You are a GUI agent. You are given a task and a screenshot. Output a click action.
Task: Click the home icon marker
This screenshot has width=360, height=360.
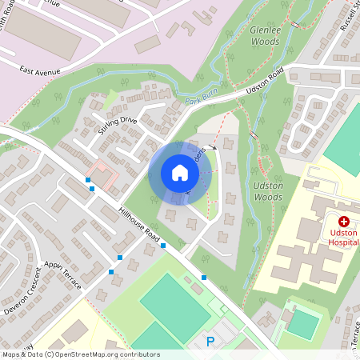179,173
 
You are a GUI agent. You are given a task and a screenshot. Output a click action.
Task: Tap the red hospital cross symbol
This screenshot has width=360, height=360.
344,220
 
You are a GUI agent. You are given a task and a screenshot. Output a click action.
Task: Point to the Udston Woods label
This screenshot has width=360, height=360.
268,190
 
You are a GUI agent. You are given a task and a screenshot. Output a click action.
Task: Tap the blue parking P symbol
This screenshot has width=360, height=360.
210,342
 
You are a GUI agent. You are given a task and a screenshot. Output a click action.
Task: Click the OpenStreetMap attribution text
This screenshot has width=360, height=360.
80,354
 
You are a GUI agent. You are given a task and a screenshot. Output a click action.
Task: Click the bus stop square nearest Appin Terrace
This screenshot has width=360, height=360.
111,272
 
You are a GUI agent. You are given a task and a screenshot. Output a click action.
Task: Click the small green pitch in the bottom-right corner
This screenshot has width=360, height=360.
303,323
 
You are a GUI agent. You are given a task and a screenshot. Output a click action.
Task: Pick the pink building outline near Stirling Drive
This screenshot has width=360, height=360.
101,172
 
